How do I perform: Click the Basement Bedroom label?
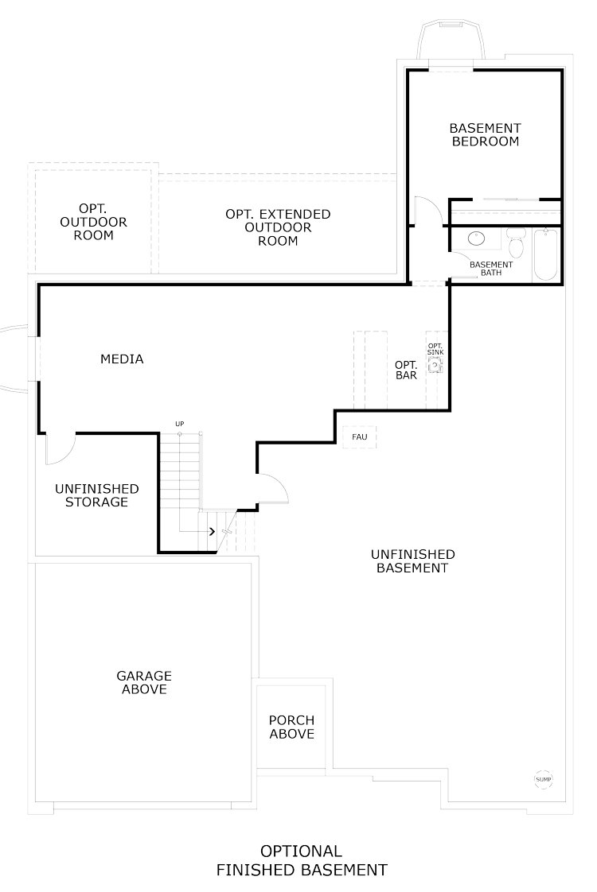tap(486, 135)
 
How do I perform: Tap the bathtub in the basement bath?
tap(546, 254)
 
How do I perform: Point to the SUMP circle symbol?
tap(544, 779)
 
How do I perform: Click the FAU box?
tap(360, 437)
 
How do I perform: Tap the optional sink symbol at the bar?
tap(435, 365)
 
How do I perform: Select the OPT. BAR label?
tap(406, 370)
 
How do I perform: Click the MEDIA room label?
tap(122, 359)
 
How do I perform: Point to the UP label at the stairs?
tap(180, 424)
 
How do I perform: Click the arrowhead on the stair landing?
tap(212, 531)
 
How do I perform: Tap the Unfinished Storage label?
tap(97, 495)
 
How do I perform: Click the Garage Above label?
tap(144, 683)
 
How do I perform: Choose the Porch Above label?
tap(291, 727)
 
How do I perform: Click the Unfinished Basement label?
tap(413, 561)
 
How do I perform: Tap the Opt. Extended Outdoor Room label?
tap(278, 227)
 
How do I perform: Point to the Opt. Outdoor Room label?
tap(93, 222)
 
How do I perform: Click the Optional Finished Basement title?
tap(302, 861)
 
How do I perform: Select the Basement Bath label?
tap(491, 269)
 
